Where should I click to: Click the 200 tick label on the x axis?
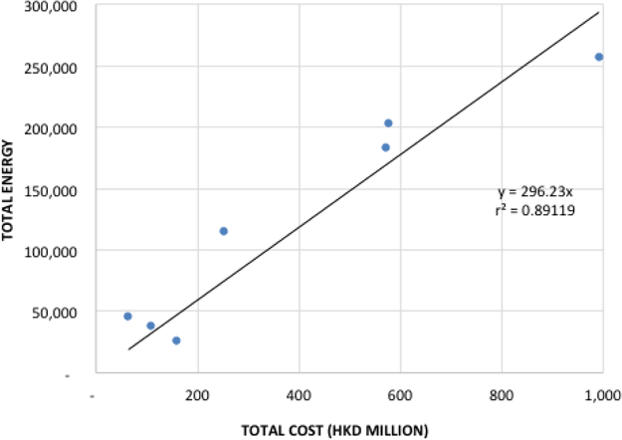point(197,394)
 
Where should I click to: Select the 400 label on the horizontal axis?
point(299,394)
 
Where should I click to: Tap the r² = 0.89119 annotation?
point(535,210)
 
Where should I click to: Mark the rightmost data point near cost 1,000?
point(599,57)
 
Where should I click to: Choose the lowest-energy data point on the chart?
point(176,340)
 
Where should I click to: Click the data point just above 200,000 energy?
point(388,123)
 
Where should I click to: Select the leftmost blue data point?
point(127,317)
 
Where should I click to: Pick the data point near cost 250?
point(223,231)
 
